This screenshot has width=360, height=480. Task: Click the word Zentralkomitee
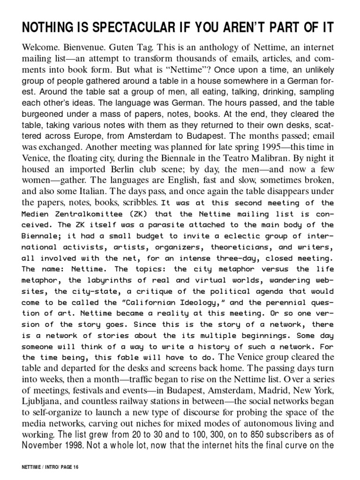tap(81, 214)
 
